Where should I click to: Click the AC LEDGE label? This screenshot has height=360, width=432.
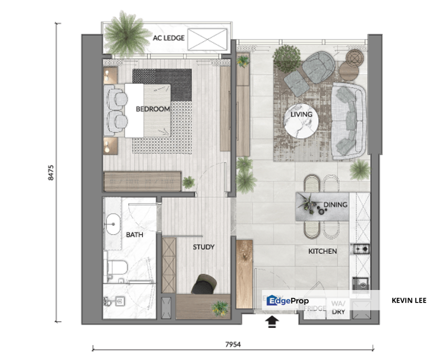pyautogui.click(x=168, y=38)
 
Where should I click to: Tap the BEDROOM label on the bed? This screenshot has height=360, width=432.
pyautogui.click(x=153, y=108)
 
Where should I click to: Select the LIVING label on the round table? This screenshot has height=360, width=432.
pyautogui.click(x=301, y=114)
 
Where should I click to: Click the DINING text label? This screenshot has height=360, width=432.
pyautogui.click(x=335, y=204)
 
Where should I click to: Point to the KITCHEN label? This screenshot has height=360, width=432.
pyautogui.click(x=322, y=251)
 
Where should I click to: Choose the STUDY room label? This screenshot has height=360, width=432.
pyautogui.click(x=203, y=247)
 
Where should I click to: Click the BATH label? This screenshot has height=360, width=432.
pyautogui.click(x=134, y=234)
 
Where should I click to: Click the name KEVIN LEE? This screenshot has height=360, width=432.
pyautogui.click(x=409, y=300)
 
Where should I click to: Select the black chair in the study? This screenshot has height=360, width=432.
pyautogui.click(x=204, y=283)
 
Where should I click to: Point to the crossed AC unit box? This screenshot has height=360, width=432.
pyautogui.click(x=207, y=39)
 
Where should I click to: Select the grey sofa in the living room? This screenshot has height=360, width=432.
pyautogui.click(x=349, y=119)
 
